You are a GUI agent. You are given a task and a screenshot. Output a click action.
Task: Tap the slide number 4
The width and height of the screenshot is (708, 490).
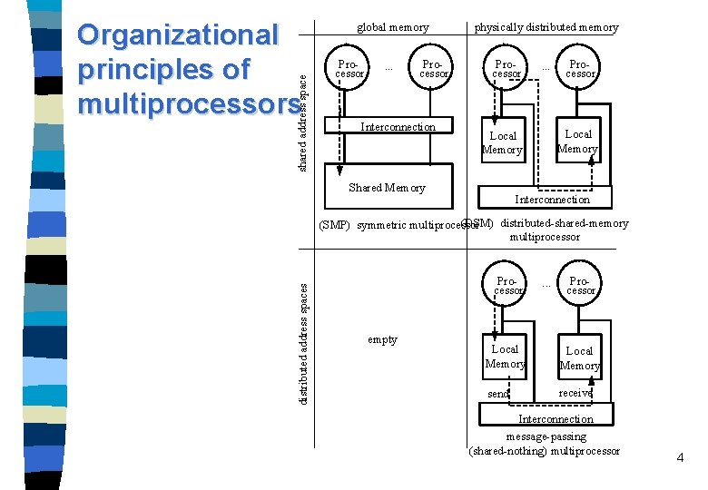[x=680, y=457]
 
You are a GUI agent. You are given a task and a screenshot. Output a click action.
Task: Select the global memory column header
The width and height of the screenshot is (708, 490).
[x=392, y=27]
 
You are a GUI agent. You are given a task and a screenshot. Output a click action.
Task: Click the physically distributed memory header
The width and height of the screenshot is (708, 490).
[x=546, y=27]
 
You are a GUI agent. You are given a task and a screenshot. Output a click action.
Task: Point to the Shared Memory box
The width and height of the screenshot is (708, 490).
[x=387, y=188]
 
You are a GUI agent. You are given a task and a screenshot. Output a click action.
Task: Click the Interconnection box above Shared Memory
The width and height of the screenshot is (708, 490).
[x=398, y=127]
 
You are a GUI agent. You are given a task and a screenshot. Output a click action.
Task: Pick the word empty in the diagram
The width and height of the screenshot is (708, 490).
[x=382, y=339]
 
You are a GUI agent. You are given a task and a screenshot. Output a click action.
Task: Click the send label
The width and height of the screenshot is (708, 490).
[x=498, y=394]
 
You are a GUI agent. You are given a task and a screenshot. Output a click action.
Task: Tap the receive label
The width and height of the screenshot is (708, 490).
[x=575, y=393]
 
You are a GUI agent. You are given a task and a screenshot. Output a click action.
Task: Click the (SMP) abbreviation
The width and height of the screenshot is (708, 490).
[x=335, y=225]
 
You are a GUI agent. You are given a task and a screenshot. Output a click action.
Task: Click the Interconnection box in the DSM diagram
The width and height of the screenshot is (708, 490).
[x=552, y=199]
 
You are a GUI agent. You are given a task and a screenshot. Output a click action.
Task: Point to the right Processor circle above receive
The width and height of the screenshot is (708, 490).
[x=580, y=286]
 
